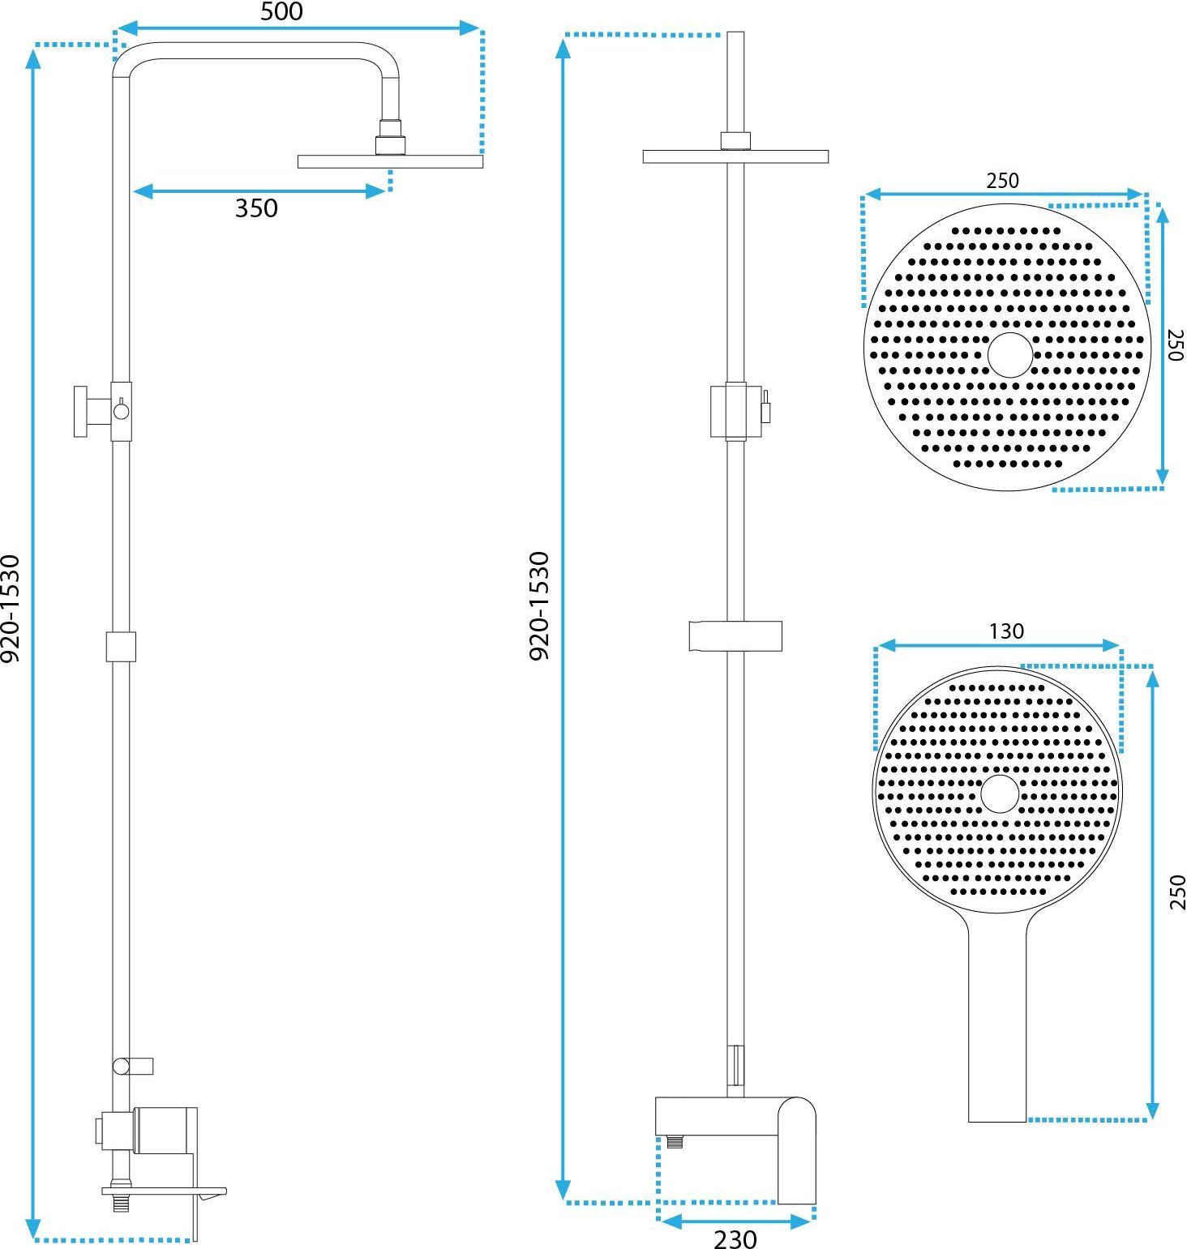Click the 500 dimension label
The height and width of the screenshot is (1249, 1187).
(x=281, y=11)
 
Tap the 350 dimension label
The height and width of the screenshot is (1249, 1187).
(x=256, y=208)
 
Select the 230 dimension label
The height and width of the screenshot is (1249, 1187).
(x=735, y=1239)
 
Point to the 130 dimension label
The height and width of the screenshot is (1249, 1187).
(x=1006, y=631)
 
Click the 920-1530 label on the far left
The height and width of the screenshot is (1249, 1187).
(x=11, y=608)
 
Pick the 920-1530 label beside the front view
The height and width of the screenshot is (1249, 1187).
(x=539, y=605)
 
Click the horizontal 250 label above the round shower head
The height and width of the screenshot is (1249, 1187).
(x=1002, y=180)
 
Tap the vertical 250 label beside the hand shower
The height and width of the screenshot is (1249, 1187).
(x=1176, y=892)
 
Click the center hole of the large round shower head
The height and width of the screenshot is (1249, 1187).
(x=1010, y=355)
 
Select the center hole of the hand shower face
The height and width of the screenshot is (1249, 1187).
(x=1000, y=793)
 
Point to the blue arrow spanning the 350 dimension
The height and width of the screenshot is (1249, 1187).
(x=259, y=191)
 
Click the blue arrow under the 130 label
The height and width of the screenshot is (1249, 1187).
(x=999, y=646)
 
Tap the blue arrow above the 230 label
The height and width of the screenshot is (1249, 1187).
(x=735, y=1221)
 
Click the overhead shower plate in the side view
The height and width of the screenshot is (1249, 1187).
(x=390, y=161)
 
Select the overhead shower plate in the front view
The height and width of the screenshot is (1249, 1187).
(x=735, y=156)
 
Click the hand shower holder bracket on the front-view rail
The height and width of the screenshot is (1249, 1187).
(x=735, y=636)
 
